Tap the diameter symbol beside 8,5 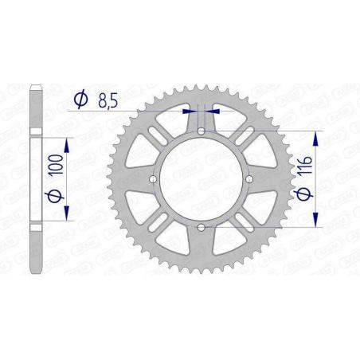[x=81, y=100]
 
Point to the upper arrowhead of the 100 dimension [x=68, y=142]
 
